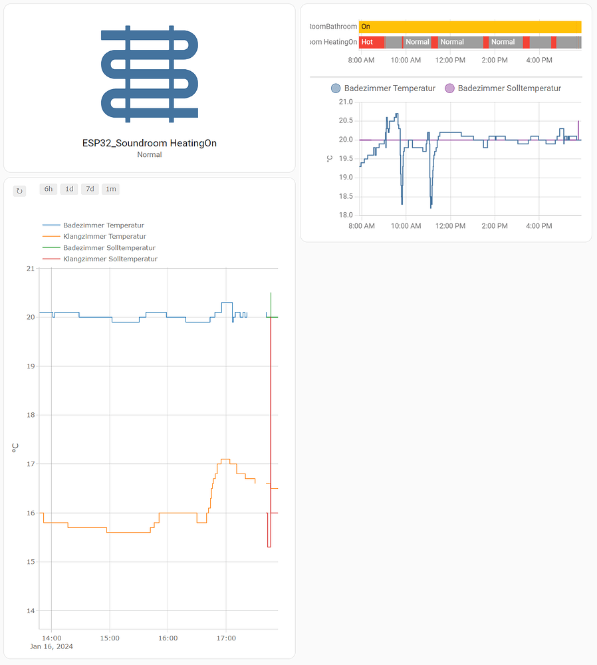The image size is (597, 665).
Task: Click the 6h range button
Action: (x=49, y=189)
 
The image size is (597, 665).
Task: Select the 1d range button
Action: (x=69, y=189)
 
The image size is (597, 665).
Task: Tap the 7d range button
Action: (x=90, y=189)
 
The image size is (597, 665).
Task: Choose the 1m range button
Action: (x=110, y=189)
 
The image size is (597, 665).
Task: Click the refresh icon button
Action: (x=19, y=191)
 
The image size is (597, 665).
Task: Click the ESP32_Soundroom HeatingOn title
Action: (x=149, y=143)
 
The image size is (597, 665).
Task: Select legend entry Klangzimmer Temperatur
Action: (x=104, y=236)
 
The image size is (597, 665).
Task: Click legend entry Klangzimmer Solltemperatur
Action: (x=110, y=259)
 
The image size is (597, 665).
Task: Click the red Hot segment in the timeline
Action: (x=371, y=42)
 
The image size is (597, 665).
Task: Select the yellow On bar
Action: (x=469, y=27)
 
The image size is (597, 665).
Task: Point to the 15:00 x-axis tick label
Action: (x=110, y=638)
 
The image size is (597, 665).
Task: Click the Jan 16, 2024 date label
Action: (x=52, y=646)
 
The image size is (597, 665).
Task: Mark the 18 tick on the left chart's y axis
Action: (x=30, y=415)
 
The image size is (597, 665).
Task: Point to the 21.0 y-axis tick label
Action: (x=346, y=102)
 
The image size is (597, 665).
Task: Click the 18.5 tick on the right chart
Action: (x=346, y=196)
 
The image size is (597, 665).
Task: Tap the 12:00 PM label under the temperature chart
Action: (x=450, y=226)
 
